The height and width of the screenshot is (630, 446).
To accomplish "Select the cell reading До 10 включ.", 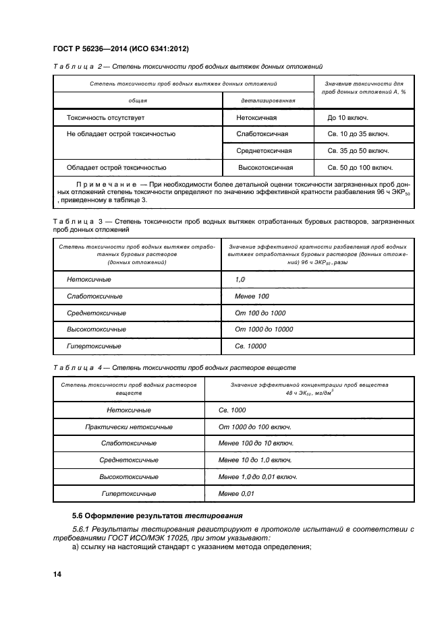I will (347, 117).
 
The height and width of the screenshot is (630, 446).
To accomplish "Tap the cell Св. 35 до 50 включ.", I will (358, 151).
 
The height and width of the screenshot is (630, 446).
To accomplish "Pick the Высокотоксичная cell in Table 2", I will (265, 167).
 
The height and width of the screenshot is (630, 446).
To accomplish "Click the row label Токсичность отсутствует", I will (105, 117).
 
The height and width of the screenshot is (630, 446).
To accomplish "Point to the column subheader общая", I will (138, 100).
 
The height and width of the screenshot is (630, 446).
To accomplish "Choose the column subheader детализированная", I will (268, 100).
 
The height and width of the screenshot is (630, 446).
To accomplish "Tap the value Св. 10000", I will (250, 346).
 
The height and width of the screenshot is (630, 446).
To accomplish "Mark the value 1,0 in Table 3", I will (240, 279).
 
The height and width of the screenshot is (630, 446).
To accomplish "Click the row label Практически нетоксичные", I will (128, 427).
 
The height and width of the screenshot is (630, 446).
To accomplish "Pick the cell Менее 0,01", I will (237, 493).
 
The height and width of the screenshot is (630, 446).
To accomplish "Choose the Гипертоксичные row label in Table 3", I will (94, 346).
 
